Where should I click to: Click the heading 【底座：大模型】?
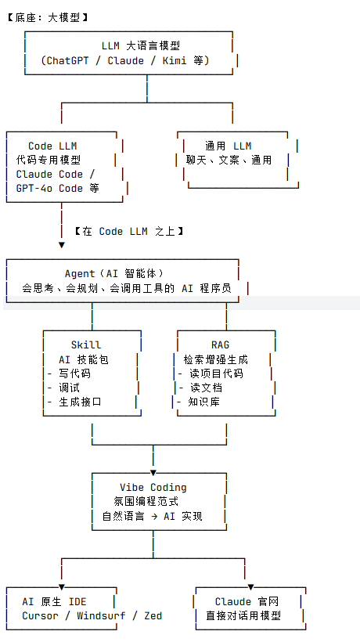tap(46, 16)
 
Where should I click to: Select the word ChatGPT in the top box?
tap(74, 60)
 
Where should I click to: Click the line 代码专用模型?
tap(48, 160)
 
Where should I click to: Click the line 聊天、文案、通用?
tap(229, 160)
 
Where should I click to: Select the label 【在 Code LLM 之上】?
tap(128, 231)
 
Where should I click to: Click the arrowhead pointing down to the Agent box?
tap(62, 245)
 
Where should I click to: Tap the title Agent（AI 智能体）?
tap(114, 274)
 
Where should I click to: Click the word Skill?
tap(86, 344)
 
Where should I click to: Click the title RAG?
tap(221, 344)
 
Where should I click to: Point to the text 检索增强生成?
tap(215, 359)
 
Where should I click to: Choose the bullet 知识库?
tap(204, 402)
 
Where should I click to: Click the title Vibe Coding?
tap(153, 487)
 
